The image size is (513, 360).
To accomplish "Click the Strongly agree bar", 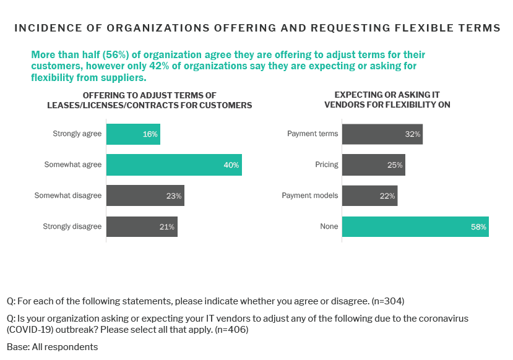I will pos(133,134).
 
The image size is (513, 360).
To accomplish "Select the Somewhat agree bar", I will pos(173,165).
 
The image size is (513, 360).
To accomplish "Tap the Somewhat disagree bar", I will pos(145,195).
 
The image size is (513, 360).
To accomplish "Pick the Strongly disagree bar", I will pos(142,226).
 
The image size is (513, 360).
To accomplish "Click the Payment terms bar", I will pos(382,134).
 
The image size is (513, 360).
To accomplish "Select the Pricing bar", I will pos(373,165).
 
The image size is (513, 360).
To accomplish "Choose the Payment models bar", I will pos(369,195).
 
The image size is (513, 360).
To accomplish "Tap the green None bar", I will pos(415,226).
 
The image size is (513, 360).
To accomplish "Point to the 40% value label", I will pos(231,165).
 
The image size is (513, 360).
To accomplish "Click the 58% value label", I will pos(479,227).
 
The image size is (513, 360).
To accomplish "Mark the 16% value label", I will pos(150,134).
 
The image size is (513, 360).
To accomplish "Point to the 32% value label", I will pos(413,134).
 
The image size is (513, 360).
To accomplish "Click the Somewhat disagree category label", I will pos(68,195).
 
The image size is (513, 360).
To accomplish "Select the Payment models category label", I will pos(310,195).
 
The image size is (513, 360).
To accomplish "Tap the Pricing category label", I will pos(327,165).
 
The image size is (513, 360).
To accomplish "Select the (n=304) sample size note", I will pos(388,301).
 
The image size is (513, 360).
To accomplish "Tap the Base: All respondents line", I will pos(53,346).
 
